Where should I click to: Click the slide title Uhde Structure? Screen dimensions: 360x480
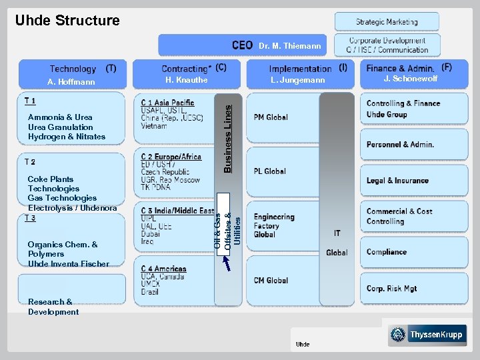tap(67, 21)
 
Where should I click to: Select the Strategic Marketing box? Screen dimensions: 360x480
tap(387, 22)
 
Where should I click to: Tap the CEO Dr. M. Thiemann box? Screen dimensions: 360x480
tap(243, 45)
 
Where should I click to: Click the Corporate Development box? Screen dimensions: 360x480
tap(387, 45)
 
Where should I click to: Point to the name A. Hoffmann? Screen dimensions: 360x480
tap(71, 82)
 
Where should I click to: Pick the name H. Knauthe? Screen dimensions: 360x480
tap(187, 80)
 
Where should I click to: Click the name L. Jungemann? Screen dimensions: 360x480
tap(298, 81)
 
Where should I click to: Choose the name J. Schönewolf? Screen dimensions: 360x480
tap(411, 79)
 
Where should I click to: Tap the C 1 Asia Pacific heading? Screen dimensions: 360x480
tap(167, 103)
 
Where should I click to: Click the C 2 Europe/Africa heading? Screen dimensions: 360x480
tap(171, 157)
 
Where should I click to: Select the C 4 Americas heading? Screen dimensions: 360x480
tap(163, 269)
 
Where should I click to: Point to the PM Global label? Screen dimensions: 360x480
tap(271, 117)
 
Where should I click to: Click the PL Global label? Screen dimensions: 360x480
tap(269, 171)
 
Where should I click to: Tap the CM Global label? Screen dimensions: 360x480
tap(270, 281)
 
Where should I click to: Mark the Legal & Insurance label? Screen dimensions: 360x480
tap(397, 181)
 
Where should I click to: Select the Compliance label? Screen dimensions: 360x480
tap(387, 252)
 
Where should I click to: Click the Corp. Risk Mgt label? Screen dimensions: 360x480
tap(391, 289)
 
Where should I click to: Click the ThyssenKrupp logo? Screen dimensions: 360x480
tap(427, 335)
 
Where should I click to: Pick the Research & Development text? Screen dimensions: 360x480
tap(53, 307)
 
